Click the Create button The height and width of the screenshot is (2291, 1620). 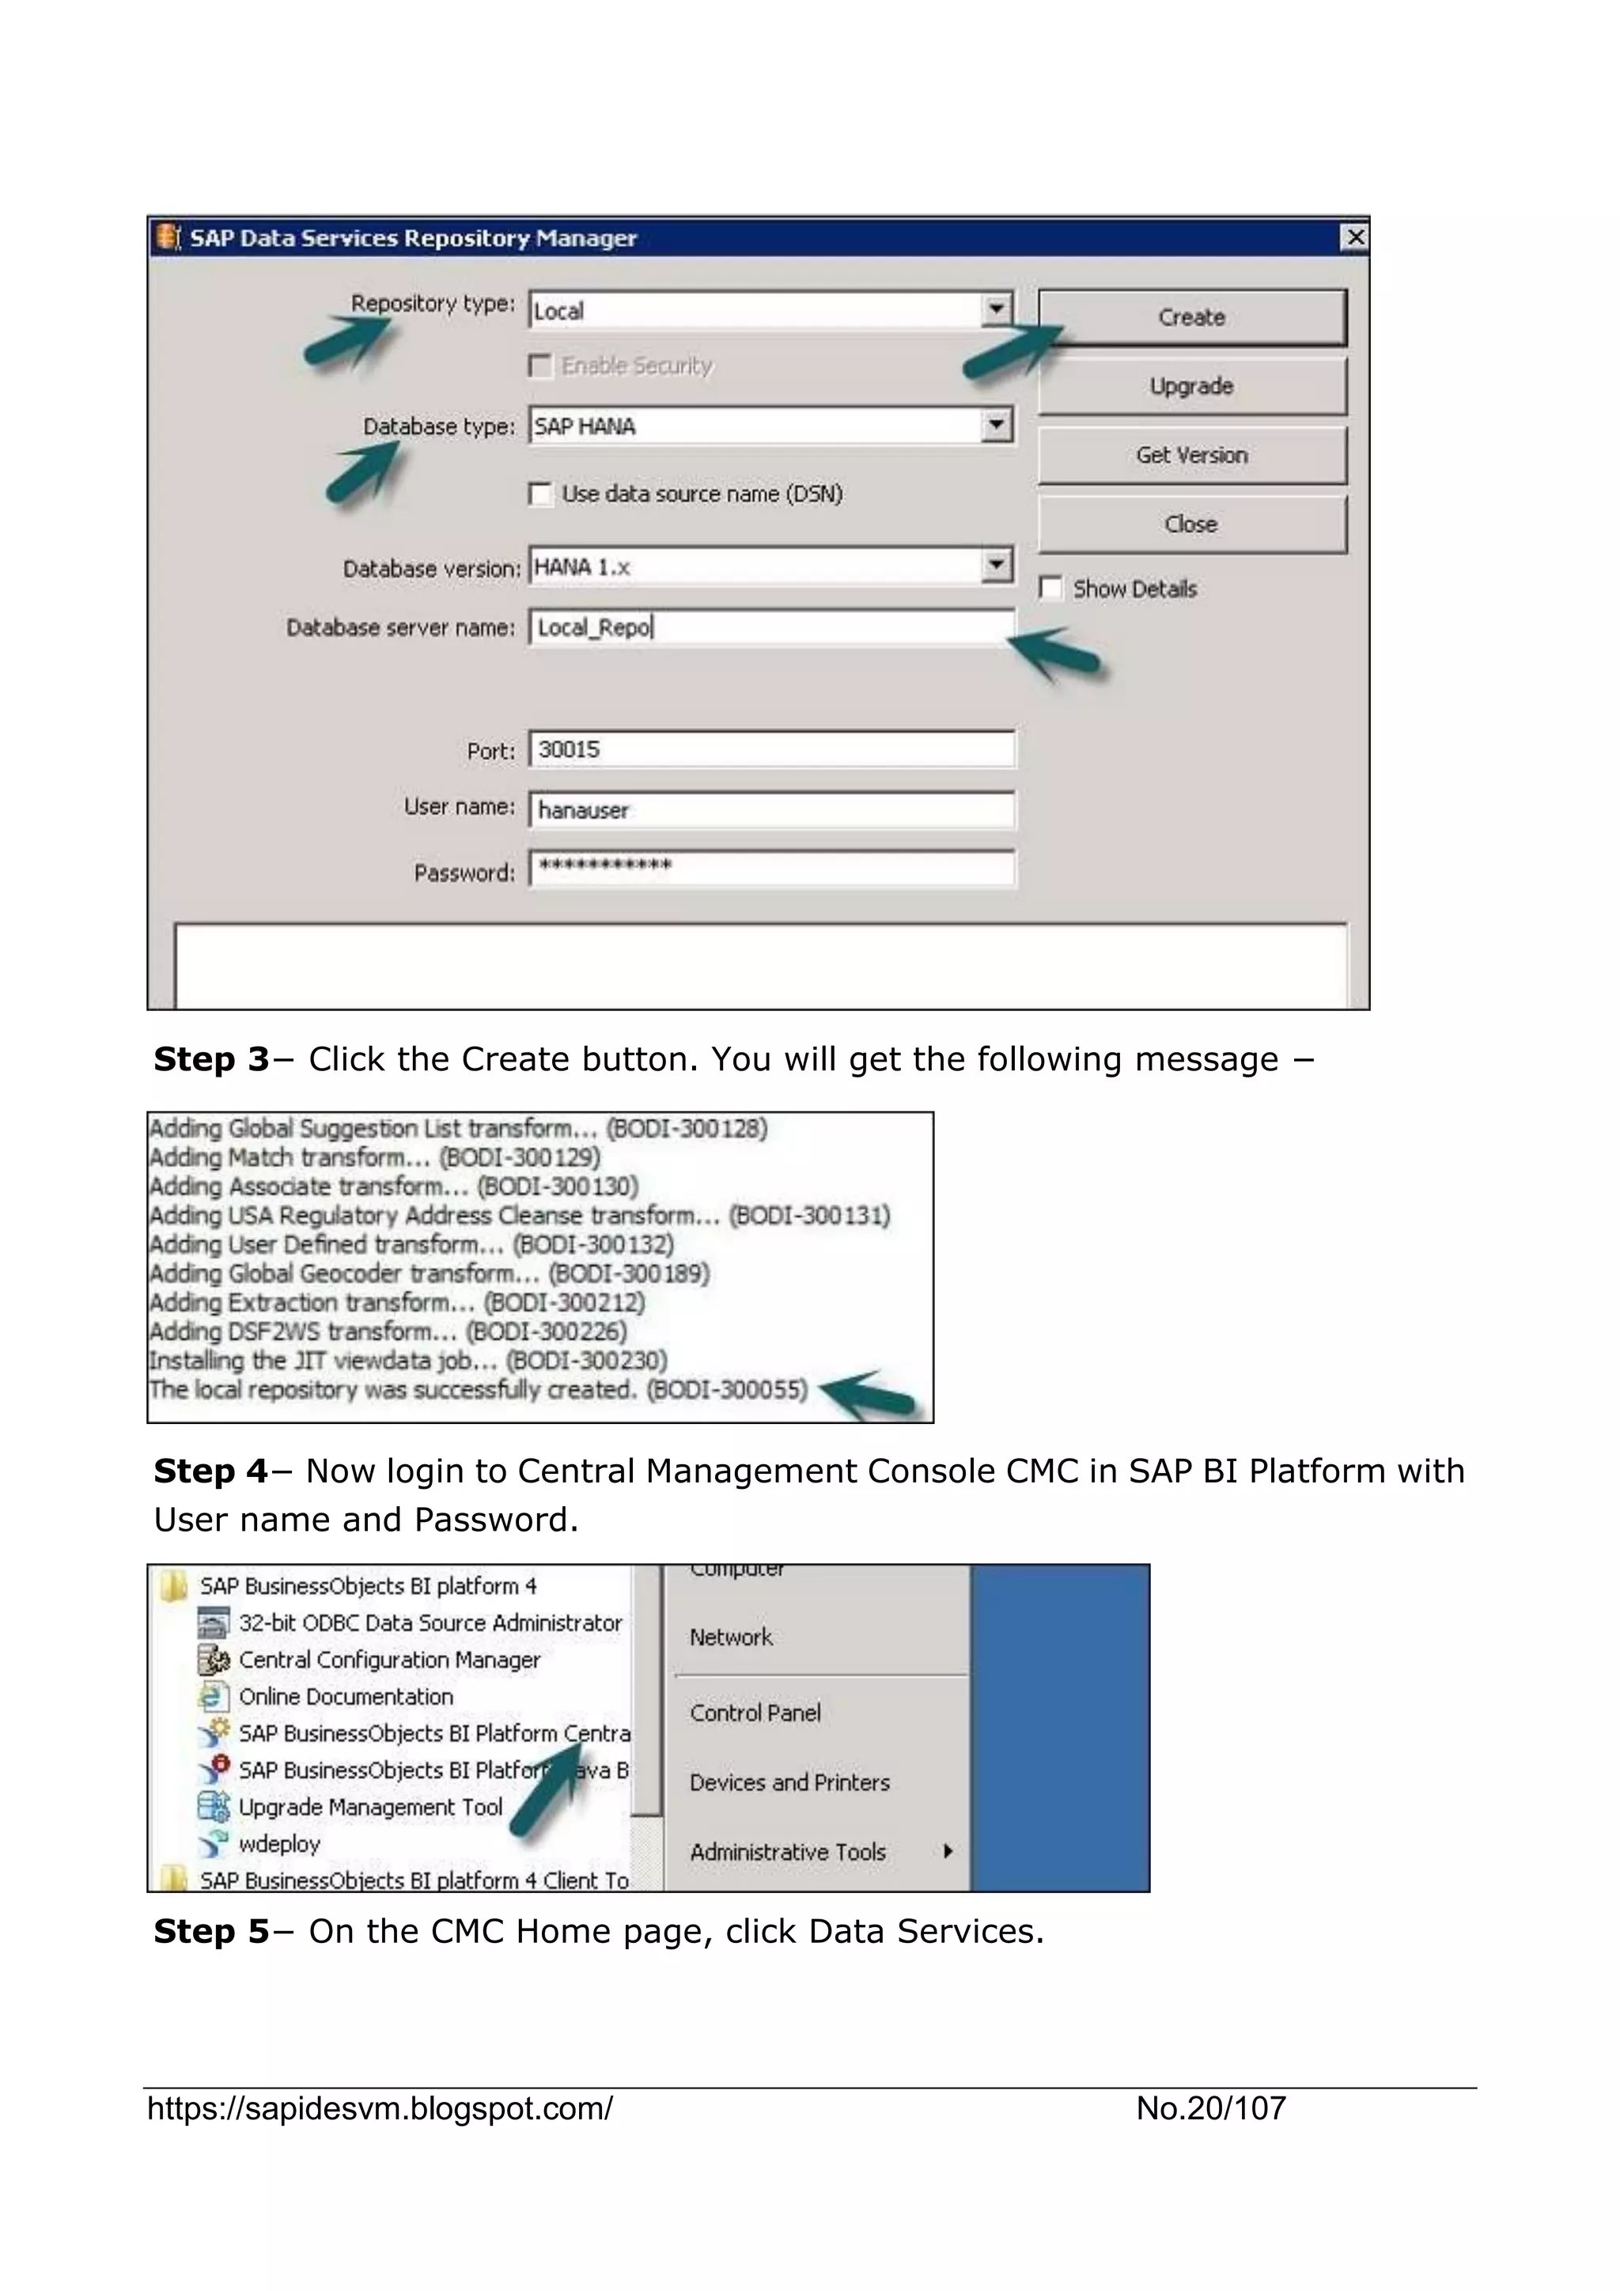click(1191, 317)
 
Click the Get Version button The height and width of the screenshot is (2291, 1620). click(1191, 455)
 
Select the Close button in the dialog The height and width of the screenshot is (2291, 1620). click(1191, 524)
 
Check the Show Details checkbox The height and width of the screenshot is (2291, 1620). click(1050, 588)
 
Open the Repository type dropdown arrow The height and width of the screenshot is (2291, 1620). click(996, 309)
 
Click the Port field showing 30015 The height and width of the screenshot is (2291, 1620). click(771, 749)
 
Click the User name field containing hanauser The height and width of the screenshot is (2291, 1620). click(771, 809)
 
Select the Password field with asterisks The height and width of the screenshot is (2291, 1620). click(771, 866)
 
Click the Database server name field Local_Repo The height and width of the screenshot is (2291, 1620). click(771, 627)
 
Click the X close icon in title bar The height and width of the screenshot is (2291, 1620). click(1355, 237)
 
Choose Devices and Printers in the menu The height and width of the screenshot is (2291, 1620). click(789, 1782)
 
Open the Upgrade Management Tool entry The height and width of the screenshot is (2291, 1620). click(370, 1807)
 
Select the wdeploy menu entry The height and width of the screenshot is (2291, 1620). click(279, 1844)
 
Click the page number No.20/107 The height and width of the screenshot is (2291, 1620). click(1210, 2108)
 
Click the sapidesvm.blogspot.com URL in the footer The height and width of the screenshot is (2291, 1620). click(380, 2108)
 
